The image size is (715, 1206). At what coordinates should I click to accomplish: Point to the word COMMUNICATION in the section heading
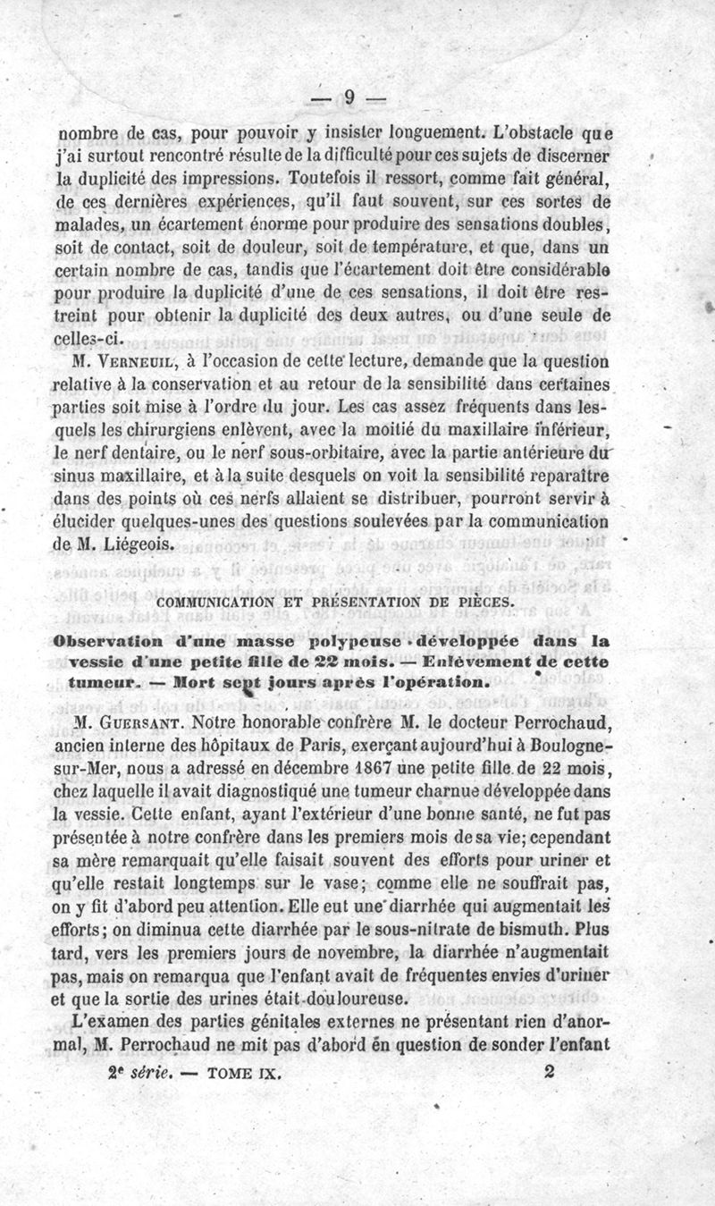click(215, 603)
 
